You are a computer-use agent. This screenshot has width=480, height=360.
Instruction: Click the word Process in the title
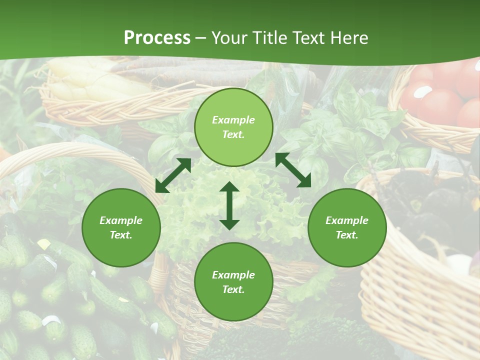(x=157, y=38)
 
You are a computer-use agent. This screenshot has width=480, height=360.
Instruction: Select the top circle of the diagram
(x=233, y=127)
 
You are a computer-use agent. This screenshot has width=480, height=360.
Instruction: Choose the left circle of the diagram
(x=121, y=227)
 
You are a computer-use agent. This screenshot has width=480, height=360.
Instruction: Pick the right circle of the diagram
(x=347, y=227)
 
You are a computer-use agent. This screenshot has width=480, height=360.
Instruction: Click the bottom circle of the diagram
(x=233, y=282)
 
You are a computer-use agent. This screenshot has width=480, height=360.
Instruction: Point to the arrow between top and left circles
(x=173, y=175)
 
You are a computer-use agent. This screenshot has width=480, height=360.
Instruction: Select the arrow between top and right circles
(x=293, y=170)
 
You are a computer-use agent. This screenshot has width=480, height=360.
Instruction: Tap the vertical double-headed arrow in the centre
(x=229, y=205)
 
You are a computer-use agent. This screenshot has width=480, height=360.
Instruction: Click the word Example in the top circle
(x=233, y=120)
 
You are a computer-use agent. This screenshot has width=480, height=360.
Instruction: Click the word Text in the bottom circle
(x=232, y=289)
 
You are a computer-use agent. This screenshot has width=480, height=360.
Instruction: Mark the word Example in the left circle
(x=121, y=220)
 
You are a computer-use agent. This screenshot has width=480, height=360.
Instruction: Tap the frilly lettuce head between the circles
(x=200, y=210)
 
